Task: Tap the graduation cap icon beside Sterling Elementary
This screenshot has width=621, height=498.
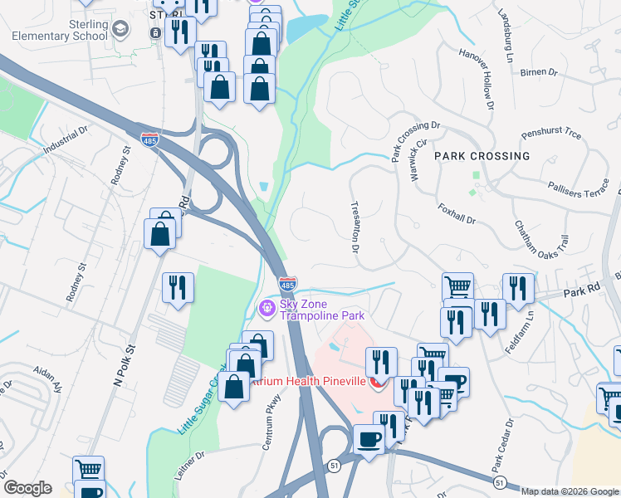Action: coord(120,31)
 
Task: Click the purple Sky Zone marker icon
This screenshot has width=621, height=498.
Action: coord(266,310)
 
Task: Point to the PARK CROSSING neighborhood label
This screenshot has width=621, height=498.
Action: coord(482,156)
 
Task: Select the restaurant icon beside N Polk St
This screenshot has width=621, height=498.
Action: coord(178,288)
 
